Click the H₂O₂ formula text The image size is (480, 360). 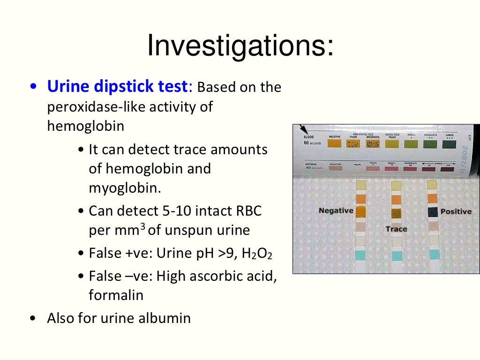coord(257,254)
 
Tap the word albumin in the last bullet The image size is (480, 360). coord(166,318)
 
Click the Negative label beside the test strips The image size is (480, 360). coord(336,210)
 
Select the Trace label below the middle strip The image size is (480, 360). coord(396,229)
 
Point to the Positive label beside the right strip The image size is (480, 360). coord(456,211)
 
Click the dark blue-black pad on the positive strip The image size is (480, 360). coord(433,212)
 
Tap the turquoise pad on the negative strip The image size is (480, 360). coord(360,255)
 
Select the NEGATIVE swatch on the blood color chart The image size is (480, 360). coord(334,143)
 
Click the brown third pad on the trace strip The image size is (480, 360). coord(397,213)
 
